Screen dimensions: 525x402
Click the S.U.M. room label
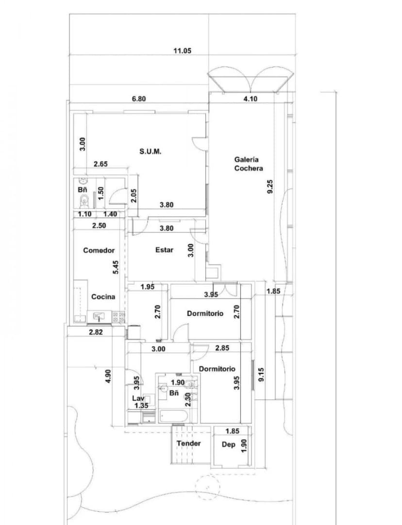(x=151, y=151)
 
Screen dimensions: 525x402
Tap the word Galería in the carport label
(x=247, y=159)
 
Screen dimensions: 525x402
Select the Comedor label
(x=99, y=250)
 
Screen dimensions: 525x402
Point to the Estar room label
(x=165, y=250)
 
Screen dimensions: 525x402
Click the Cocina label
(x=103, y=296)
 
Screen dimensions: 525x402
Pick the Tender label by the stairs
(x=189, y=443)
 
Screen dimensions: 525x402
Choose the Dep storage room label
(x=229, y=444)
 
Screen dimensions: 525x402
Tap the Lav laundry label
(x=138, y=398)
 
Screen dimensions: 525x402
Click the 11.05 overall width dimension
(x=182, y=50)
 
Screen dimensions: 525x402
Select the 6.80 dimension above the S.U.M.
(x=139, y=98)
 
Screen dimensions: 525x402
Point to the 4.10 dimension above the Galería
(x=250, y=98)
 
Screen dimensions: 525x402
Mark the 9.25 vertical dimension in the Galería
(x=270, y=187)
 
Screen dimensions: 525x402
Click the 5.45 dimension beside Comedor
(x=116, y=267)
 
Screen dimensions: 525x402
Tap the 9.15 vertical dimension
(x=261, y=375)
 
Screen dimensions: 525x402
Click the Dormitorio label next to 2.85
(x=217, y=369)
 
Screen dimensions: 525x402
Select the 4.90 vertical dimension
(x=108, y=377)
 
